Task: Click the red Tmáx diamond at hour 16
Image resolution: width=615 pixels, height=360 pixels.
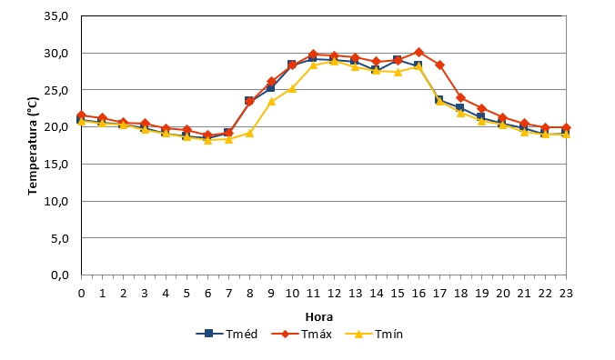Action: [418, 52]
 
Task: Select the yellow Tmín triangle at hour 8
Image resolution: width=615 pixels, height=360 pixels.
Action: [250, 134]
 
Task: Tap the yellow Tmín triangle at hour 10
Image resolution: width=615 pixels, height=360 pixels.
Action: [292, 89]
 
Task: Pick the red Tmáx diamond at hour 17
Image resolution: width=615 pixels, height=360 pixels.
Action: [440, 65]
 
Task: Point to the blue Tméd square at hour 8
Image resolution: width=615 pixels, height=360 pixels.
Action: [249, 101]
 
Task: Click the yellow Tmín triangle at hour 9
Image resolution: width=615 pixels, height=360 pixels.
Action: [271, 102]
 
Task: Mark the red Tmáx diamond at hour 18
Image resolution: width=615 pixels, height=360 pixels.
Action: [461, 97]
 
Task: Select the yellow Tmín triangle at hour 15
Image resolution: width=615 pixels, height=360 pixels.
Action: [398, 72]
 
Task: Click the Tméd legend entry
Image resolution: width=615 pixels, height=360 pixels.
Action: [227, 334]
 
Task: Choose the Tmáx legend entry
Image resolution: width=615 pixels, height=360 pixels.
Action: [302, 334]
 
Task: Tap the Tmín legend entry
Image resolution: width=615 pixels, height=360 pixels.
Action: [374, 334]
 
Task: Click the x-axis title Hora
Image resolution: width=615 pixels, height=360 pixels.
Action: [319, 316]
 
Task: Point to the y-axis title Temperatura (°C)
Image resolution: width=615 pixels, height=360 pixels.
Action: [33, 145]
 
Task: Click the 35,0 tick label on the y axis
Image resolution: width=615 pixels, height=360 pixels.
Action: [56, 16]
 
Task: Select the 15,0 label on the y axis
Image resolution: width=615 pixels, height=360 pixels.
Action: [56, 165]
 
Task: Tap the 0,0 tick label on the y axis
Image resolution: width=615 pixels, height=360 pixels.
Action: [60, 275]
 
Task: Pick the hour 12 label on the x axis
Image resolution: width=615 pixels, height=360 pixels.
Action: [334, 294]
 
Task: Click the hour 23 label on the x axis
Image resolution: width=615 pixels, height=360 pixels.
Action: [566, 294]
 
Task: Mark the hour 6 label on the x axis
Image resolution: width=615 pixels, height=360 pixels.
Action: [207, 294]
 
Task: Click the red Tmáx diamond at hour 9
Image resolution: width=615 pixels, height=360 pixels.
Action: [271, 82]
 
